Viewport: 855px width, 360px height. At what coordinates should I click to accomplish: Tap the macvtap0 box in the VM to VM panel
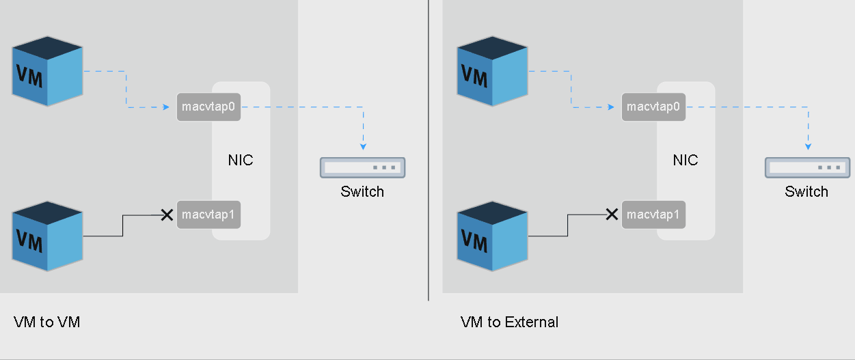point(208,107)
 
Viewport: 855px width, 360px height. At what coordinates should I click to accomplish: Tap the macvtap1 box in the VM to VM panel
point(208,214)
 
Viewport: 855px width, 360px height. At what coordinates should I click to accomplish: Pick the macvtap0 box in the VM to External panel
point(653,107)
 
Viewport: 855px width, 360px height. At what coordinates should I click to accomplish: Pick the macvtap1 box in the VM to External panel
point(653,214)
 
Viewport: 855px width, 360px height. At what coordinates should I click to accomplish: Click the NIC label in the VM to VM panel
point(241,161)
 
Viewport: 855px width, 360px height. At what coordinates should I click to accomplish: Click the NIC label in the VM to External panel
point(686,161)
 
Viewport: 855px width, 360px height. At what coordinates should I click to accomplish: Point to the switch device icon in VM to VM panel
point(362,167)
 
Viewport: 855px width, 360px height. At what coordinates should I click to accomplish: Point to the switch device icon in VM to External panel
point(807,167)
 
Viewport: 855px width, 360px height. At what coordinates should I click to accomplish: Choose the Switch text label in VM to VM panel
point(362,191)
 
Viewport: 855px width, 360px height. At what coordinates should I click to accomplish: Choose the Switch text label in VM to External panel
point(806,191)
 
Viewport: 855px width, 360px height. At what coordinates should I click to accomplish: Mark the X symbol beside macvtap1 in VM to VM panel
point(166,215)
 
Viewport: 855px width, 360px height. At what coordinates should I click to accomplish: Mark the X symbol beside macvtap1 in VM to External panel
point(612,214)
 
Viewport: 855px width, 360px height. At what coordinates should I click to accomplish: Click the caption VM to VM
point(46,322)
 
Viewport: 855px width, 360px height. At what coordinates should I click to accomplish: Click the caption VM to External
point(509,322)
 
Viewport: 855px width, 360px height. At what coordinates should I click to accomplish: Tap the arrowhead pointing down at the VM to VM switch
point(363,146)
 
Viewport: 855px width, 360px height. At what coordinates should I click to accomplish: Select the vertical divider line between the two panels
point(429,150)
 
